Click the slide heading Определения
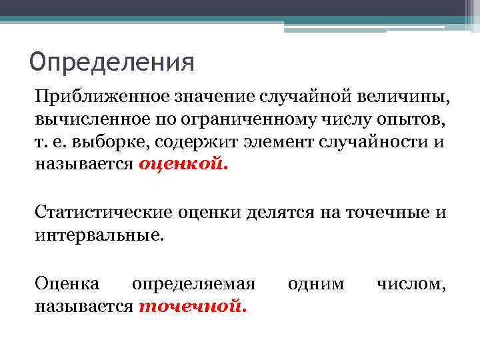112,63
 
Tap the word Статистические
103,213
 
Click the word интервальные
99,234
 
